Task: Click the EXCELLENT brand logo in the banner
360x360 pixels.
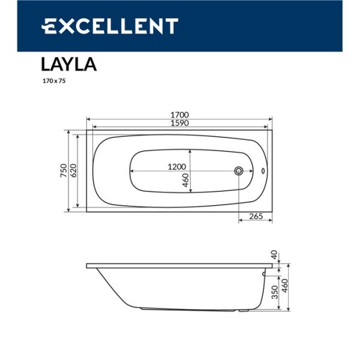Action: [x=109, y=26]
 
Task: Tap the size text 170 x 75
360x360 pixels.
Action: [x=53, y=81]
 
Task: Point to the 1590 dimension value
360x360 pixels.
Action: [x=179, y=124]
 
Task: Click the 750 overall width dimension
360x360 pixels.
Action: [x=62, y=170]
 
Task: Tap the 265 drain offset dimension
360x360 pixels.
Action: [x=256, y=216]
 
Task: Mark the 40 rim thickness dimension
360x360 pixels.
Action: [x=274, y=254]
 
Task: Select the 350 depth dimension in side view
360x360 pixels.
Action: [x=274, y=293]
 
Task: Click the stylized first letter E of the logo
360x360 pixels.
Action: [x=49, y=26]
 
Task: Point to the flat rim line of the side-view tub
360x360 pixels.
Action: [x=180, y=265]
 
